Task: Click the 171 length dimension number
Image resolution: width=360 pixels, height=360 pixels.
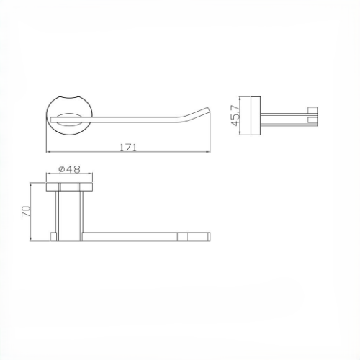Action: (128, 147)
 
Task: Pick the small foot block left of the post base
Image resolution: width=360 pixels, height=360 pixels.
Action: (53, 237)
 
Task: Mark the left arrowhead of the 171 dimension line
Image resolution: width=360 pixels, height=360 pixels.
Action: (49, 153)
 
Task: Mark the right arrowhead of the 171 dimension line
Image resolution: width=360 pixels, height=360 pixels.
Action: (211, 153)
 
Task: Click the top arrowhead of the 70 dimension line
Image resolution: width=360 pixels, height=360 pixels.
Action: (32, 183)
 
